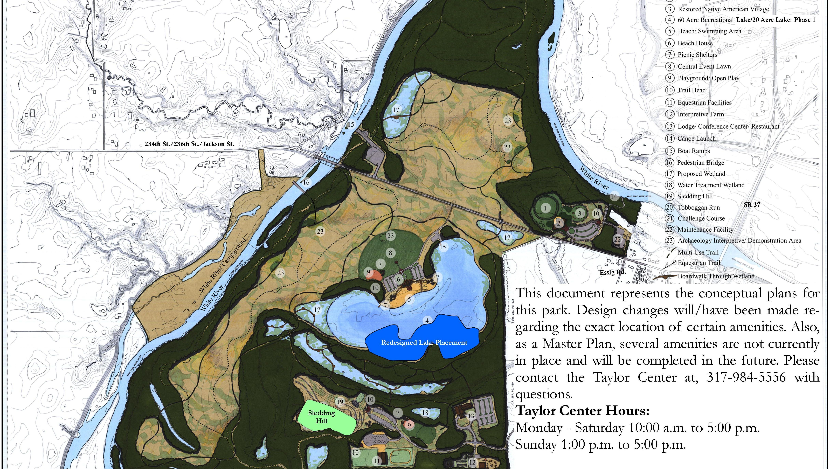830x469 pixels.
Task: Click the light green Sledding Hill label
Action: point(322,417)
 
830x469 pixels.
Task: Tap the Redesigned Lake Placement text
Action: point(424,343)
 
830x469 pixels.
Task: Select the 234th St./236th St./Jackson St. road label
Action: point(189,144)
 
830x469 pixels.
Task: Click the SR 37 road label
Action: point(752,205)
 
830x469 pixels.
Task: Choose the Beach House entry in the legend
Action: point(695,43)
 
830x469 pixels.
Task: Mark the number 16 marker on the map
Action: point(306,182)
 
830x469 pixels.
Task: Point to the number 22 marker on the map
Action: point(617,239)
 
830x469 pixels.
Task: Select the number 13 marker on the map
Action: point(471,416)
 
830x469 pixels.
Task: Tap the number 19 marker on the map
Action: point(340,402)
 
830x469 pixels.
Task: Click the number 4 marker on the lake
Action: point(427,320)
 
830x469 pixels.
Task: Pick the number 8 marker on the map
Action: point(390,253)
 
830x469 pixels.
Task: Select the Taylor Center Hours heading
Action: point(583,411)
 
